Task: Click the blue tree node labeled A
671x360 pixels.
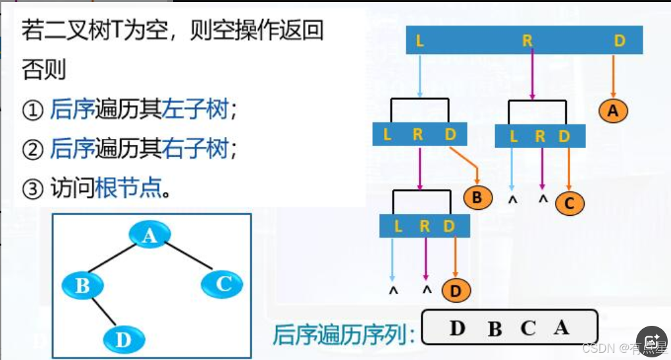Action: pyautogui.click(x=149, y=235)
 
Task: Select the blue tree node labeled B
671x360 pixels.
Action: pyautogui.click(x=83, y=286)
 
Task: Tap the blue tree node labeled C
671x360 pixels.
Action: pyautogui.click(x=223, y=284)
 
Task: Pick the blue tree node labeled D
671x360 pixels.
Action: pyautogui.click(x=123, y=339)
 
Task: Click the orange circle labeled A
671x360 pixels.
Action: pyautogui.click(x=613, y=111)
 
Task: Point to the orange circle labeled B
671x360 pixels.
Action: pyautogui.click(x=477, y=197)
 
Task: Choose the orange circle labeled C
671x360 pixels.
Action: pyautogui.click(x=570, y=203)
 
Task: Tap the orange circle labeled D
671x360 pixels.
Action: pyautogui.click(x=456, y=290)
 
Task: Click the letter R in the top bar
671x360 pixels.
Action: pyautogui.click(x=527, y=41)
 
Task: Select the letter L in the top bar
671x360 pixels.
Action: pyautogui.click(x=420, y=41)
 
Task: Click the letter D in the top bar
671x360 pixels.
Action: pyautogui.click(x=619, y=41)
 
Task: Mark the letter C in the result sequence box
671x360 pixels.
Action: pyautogui.click(x=528, y=328)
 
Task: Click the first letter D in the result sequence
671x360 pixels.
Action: pyautogui.click(x=457, y=328)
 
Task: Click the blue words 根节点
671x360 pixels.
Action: pyautogui.click(x=128, y=190)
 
